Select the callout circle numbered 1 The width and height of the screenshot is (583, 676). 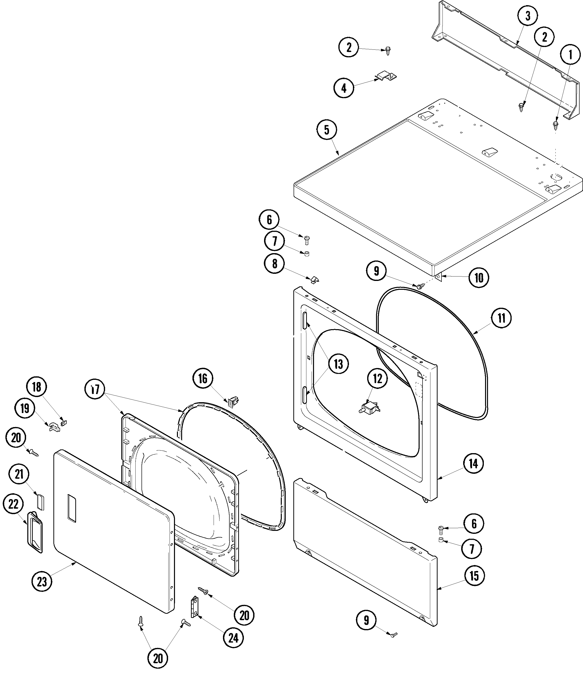tap(570, 55)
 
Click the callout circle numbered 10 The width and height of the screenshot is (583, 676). tap(479, 278)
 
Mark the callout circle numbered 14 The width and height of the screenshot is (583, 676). tap(473, 463)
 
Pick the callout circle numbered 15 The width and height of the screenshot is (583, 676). tap(474, 576)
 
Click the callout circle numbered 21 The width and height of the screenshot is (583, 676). tap(19, 474)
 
